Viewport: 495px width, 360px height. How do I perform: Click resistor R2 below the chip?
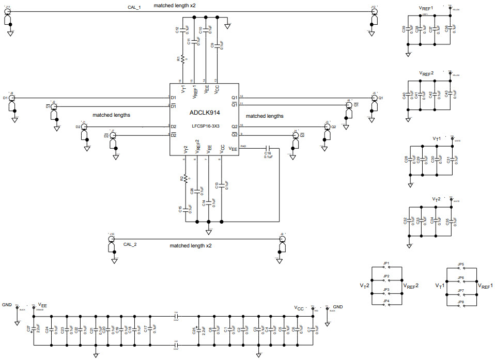(x=185, y=178)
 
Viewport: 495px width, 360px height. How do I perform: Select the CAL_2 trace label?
(x=130, y=244)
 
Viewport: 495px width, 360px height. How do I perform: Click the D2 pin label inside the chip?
(x=174, y=127)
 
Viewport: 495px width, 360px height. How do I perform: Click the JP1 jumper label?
(x=386, y=263)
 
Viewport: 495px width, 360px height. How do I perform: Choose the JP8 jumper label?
(x=461, y=301)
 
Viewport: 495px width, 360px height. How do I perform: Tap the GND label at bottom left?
(x=6, y=305)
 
